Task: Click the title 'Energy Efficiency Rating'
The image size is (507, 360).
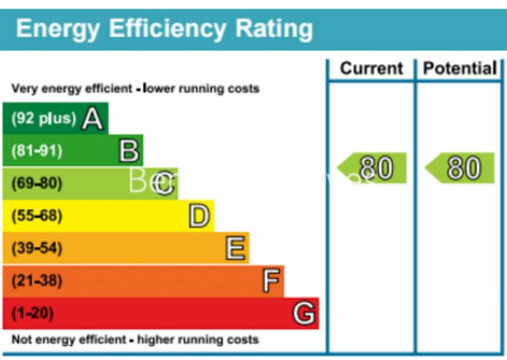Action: pos(164,29)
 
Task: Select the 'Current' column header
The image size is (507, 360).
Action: pos(372,69)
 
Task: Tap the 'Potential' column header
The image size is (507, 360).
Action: pos(460,69)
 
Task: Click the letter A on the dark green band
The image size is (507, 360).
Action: pos(92,118)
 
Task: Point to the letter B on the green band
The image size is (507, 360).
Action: pos(128,151)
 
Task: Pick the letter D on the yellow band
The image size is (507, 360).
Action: pos(199,216)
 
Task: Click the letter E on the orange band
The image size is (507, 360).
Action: pos(235,248)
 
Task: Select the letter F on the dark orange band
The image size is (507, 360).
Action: pos(270,281)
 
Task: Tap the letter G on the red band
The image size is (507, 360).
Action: pos(304,313)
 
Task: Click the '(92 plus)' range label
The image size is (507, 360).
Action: pos(44,119)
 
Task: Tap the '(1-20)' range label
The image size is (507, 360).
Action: pos(33,313)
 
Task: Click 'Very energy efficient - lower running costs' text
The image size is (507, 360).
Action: pos(135,89)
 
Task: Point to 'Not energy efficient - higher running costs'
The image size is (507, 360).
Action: pos(135,339)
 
